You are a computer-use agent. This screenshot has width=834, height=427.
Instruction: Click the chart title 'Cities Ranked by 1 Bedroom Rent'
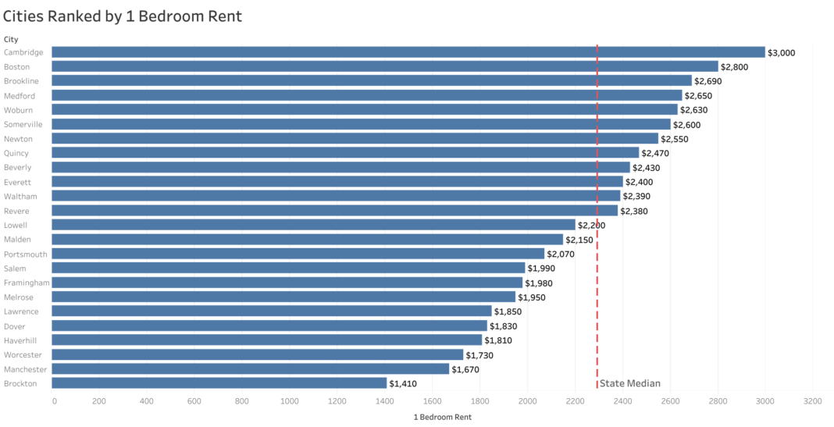click(123, 16)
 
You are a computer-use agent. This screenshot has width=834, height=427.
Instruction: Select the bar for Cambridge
click(408, 52)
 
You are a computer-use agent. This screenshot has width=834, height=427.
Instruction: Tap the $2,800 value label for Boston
click(734, 67)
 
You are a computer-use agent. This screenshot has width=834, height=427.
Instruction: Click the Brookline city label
click(21, 81)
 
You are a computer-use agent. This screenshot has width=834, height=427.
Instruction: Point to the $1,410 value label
click(403, 384)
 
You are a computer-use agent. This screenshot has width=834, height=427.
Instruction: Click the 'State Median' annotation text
click(629, 383)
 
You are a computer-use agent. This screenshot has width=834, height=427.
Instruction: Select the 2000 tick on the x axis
click(527, 401)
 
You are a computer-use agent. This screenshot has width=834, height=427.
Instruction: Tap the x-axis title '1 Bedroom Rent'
click(442, 417)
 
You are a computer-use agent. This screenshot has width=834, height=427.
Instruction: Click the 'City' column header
click(11, 39)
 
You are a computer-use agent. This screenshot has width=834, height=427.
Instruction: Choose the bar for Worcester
click(258, 354)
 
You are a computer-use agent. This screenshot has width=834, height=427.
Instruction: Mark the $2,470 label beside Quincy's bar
click(655, 153)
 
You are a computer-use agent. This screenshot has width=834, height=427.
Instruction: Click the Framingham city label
click(27, 283)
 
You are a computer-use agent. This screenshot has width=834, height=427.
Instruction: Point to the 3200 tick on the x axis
click(812, 401)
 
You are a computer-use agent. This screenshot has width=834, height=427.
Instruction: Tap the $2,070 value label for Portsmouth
click(561, 254)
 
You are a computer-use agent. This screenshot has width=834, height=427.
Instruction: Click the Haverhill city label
click(21, 340)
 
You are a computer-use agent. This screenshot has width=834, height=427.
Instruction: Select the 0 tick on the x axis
click(54, 401)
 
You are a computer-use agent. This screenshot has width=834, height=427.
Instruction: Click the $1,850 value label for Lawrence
click(508, 311)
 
